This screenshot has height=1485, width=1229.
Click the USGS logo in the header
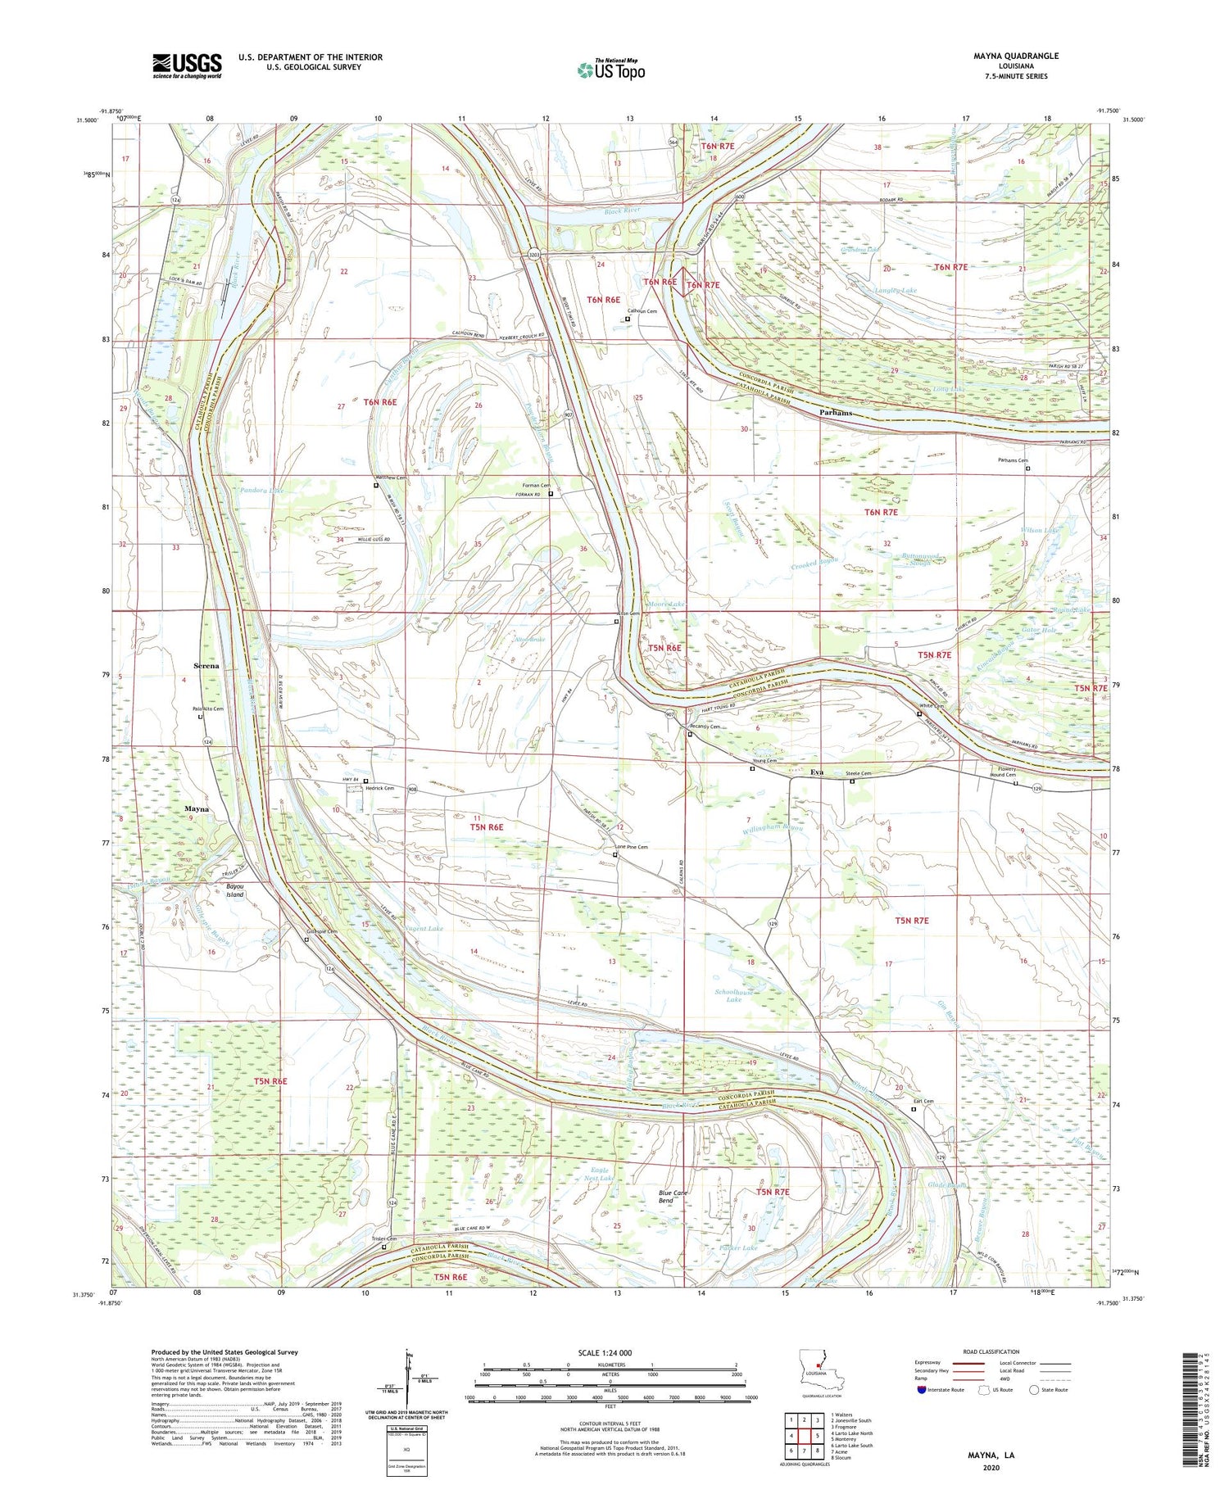coord(187,66)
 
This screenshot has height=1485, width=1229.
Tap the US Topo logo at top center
coord(611,70)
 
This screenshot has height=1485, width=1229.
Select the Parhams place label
coord(836,413)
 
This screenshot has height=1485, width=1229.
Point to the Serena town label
coord(206,666)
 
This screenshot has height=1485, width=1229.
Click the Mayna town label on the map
coord(197,808)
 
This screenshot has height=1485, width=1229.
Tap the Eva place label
coord(816,772)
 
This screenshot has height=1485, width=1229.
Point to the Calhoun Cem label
coord(642,311)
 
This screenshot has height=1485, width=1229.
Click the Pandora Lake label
coord(262,490)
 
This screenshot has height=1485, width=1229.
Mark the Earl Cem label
coord(923,1101)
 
